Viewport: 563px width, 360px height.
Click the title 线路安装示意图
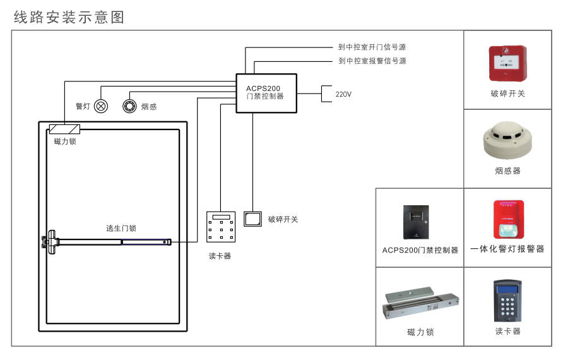(x=69, y=17)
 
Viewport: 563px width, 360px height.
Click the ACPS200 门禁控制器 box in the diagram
(x=266, y=93)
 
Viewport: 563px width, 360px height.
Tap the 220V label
(x=343, y=94)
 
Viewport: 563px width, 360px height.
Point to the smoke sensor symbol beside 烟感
(x=129, y=107)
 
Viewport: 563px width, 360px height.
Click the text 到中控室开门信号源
(x=372, y=47)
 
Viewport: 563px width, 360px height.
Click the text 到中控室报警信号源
(x=372, y=61)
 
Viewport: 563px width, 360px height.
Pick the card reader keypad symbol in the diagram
(x=221, y=227)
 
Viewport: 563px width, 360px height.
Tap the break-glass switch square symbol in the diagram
(x=252, y=219)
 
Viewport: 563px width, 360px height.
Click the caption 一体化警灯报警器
(x=507, y=249)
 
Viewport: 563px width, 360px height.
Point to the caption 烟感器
(x=508, y=171)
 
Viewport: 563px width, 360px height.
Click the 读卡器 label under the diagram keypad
(x=220, y=256)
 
